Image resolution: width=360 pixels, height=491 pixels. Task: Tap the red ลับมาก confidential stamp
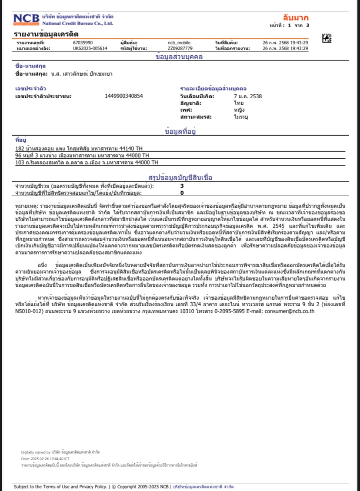[295, 18]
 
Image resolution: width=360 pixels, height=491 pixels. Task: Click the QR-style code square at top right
[327, 39]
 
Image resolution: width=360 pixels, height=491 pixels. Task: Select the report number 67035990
[83, 43]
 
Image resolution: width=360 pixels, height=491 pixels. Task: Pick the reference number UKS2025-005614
[90, 48]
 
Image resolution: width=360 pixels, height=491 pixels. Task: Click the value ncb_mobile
[179, 43]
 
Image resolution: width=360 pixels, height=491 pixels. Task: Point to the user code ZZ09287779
[180, 48]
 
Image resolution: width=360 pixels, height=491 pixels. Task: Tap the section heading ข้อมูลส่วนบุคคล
[180, 57]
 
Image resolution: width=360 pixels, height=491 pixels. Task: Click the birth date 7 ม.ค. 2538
[247, 96]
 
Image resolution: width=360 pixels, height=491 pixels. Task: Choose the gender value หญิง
[239, 110]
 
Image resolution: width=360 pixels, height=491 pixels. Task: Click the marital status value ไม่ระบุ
[240, 117]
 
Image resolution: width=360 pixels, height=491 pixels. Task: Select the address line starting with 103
[87, 162]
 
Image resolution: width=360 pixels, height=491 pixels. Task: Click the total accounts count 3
[182, 186]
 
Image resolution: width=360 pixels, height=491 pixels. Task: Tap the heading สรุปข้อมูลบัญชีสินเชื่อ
[180, 177]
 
